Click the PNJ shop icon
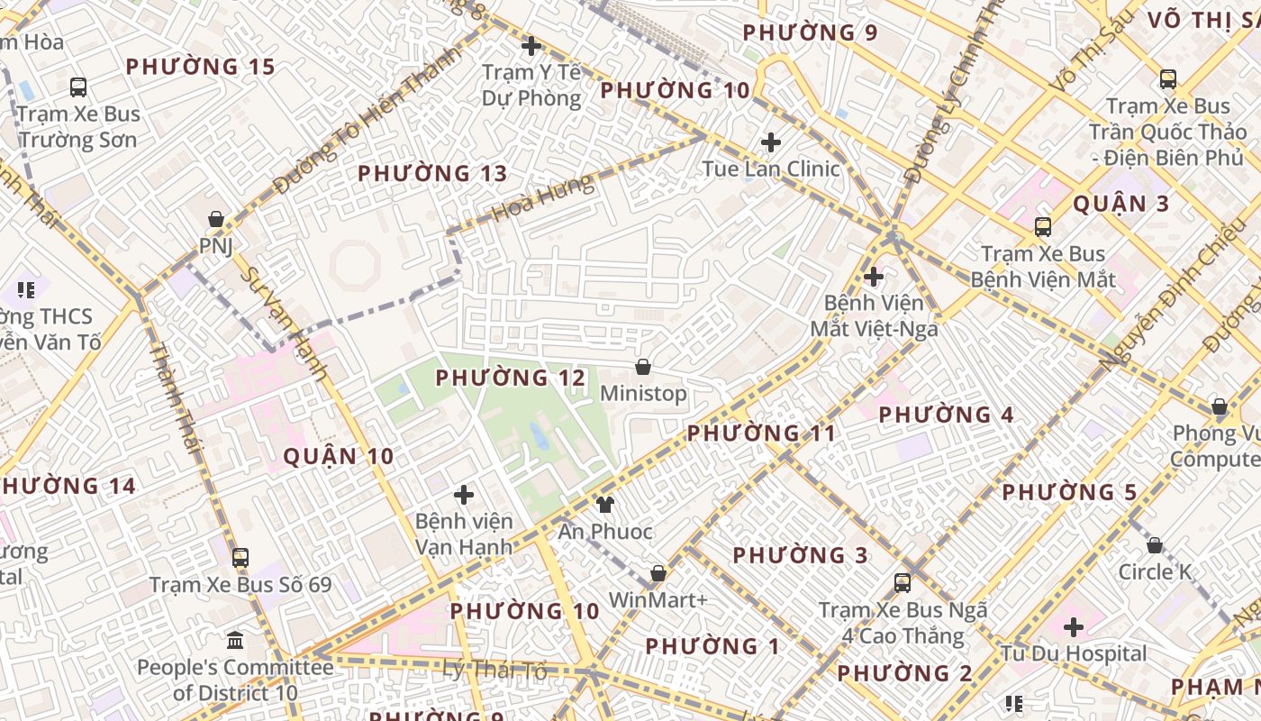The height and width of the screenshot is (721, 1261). click(216, 219)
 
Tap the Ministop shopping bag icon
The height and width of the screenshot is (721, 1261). click(643, 367)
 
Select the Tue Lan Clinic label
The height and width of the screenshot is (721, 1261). click(770, 169)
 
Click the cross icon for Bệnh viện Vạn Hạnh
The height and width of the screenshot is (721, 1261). click(464, 495)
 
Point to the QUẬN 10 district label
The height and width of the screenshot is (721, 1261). click(339, 456)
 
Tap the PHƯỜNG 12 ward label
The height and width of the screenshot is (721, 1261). click(511, 378)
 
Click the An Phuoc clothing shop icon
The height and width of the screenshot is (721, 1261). click(605, 504)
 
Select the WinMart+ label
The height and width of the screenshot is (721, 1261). click(658, 600)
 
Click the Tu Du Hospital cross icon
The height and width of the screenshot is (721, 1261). click(1073, 626)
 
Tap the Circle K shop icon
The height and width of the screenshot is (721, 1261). click(1155, 545)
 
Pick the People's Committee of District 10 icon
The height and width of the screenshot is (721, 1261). click(235, 640)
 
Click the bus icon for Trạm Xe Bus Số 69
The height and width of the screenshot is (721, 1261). click(240, 557)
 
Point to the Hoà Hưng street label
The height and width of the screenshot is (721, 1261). click(543, 198)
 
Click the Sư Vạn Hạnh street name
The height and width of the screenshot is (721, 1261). click(286, 323)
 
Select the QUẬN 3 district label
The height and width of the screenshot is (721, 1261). click(1120, 204)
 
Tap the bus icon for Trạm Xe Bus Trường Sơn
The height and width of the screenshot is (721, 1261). click(78, 87)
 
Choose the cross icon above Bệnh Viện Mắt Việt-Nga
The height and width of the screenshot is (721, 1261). click(873, 277)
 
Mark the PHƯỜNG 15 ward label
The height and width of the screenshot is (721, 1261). click(200, 67)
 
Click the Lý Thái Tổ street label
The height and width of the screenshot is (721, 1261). click(494, 670)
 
